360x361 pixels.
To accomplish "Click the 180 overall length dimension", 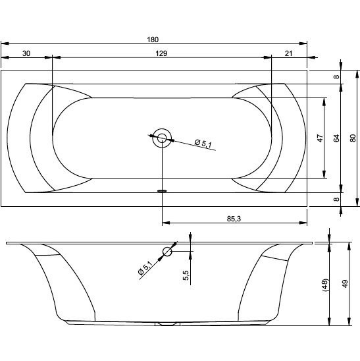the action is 153,40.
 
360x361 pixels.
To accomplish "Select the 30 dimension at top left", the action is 26,53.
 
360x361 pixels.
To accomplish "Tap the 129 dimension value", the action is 161,53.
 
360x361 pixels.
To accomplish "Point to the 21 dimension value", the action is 288,53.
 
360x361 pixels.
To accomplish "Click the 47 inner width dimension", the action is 320,138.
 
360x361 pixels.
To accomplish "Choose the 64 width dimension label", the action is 336,138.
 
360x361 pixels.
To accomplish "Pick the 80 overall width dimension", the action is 353,138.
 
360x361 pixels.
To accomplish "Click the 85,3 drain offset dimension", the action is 234,219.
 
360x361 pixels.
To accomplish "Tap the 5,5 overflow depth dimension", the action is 186,275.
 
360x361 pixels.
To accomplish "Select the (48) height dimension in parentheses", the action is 326,285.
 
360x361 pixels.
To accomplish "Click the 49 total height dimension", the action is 345,284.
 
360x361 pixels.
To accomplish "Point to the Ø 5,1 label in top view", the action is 203,144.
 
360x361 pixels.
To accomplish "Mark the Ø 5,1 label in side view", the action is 145,267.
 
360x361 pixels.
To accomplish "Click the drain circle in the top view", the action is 162,138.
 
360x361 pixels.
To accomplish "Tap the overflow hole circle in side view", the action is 167,252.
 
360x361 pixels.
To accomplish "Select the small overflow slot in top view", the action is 163,190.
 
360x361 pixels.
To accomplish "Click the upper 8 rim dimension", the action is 336,76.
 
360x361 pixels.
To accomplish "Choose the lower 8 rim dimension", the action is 336,200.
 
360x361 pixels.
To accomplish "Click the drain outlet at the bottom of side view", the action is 167,323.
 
